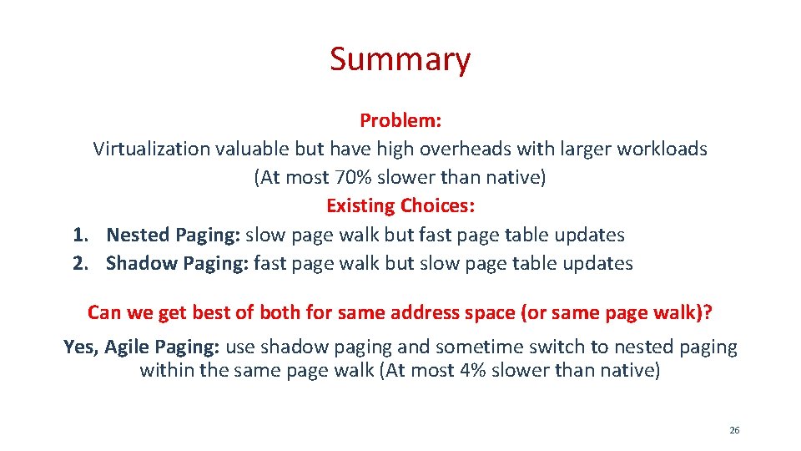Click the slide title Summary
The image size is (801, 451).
(400, 59)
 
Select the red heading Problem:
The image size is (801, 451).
(400, 120)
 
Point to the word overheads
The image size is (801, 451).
(476, 149)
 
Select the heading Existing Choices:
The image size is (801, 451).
(400, 205)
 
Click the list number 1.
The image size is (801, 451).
(80, 235)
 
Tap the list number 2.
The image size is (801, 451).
(80, 263)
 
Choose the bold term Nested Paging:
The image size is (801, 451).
(174, 235)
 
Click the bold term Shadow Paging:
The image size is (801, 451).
(177, 263)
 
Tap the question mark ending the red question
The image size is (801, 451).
(708, 312)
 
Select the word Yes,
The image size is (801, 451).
(82, 347)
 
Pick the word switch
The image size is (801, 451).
(540, 347)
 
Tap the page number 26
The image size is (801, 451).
(734, 430)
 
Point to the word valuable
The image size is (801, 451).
(252, 149)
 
